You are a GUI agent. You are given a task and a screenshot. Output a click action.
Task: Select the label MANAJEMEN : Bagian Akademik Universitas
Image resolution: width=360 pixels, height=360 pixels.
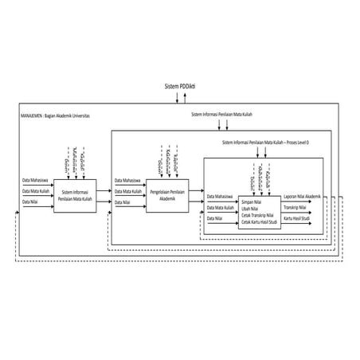click(x=54, y=115)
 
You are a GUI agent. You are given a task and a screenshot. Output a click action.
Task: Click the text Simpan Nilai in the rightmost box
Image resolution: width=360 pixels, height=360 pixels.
click(x=252, y=202)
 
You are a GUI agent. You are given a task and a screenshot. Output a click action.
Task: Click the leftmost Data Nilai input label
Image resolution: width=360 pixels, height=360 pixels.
click(x=30, y=202)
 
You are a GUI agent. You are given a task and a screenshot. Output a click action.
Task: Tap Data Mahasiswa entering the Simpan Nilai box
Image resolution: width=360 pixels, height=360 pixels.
click(x=220, y=197)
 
